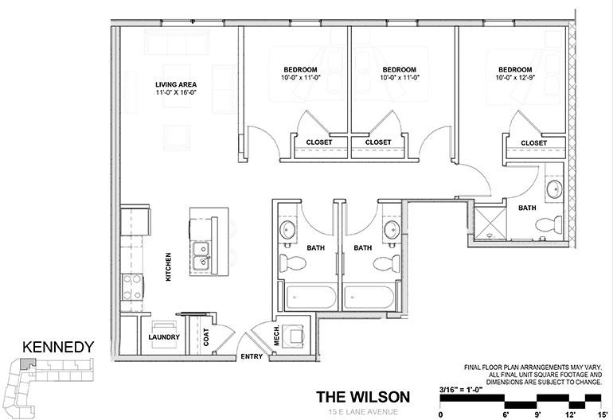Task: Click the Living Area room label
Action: (x=176, y=84)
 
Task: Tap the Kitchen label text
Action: (x=169, y=266)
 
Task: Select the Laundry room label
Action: (x=164, y=336)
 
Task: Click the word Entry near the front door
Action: (x=252, y=356)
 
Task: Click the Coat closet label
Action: (x=205, y=336)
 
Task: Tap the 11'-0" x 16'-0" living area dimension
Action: (x=176, y=92)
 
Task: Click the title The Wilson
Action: (x=363, y=396)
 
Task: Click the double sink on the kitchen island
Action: (x=201, y=254)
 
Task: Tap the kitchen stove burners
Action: (x=131, y=286)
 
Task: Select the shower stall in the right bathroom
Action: (x=489, y=223)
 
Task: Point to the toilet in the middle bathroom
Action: (x=385, y=263)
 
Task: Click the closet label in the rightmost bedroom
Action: (x=533, y=143)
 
